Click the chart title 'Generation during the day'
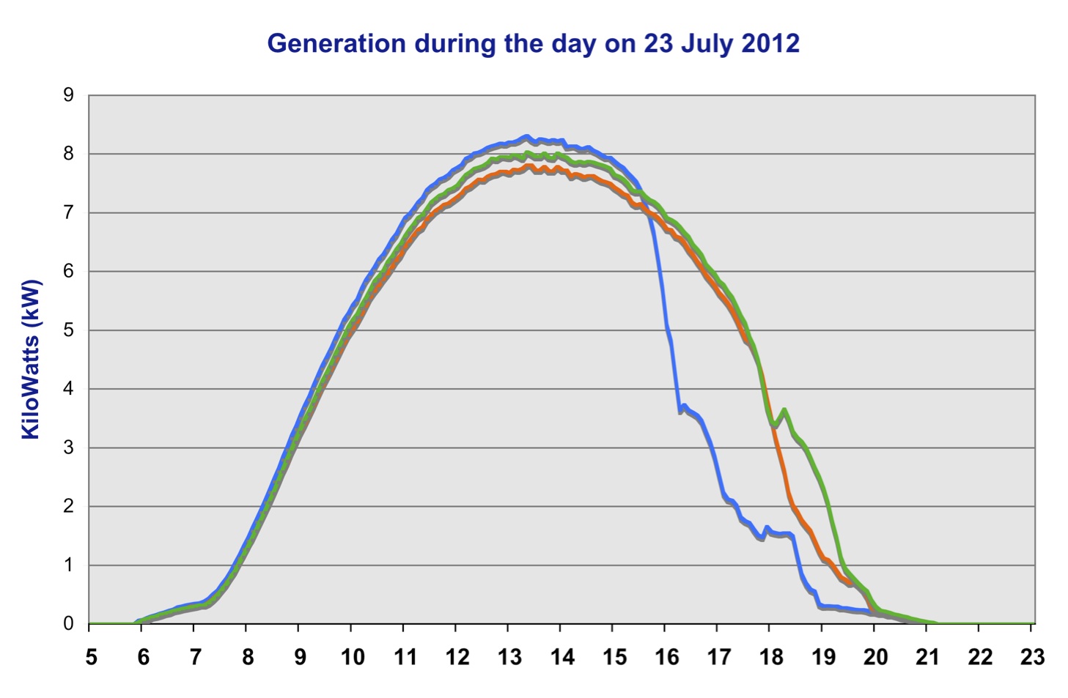tap(533, 43)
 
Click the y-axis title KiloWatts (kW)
tap(30, 359)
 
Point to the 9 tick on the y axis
tap(69, 95)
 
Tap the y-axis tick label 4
tap(69, 389)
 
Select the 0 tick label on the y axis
tap(69, 624)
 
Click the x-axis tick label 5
tap(91, 657)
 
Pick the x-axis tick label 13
tap(509, 657)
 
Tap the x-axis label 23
tap(1032, 657)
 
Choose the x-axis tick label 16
tap(666, 657)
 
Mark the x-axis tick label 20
tap(875, 657)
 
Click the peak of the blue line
tap(526, 136)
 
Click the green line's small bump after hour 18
tap(784, 409)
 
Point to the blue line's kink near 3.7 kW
tap(683, 406)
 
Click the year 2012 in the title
tap(770, 43)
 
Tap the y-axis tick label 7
tap(69, 213)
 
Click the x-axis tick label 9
tap(300, 657)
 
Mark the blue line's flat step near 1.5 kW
tap(781, 534)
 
